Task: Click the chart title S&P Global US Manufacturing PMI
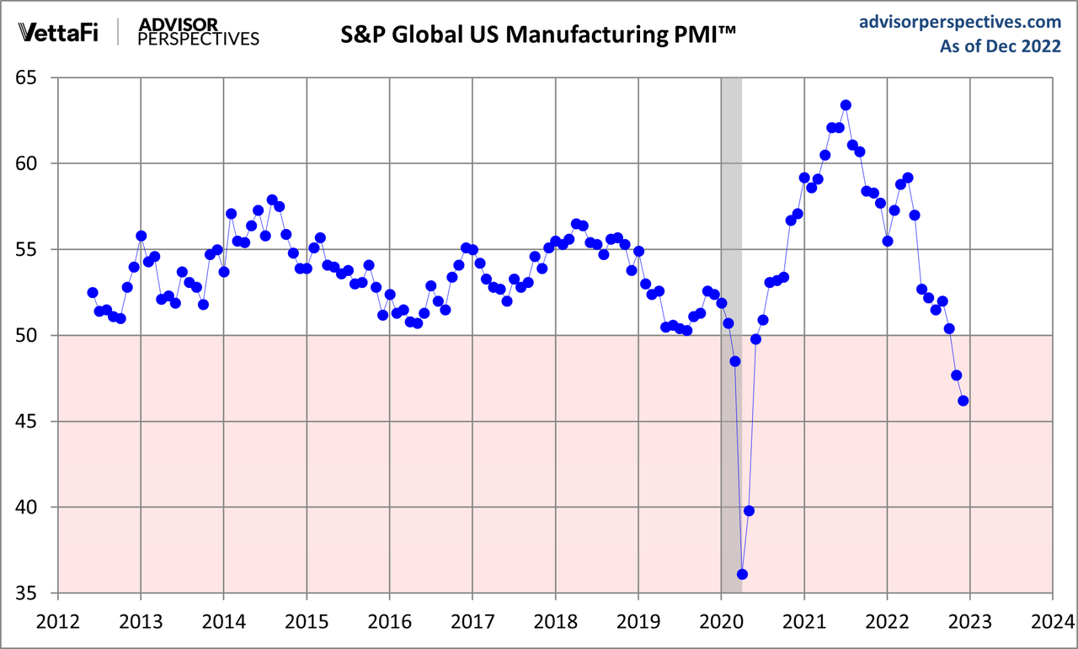click(x=539, y=35)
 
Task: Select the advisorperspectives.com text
click(x=959, y=22)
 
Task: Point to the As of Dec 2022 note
click(x=1000, y=47)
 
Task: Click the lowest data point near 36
click(x=742, y=574)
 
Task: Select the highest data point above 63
click(x=846, y=105)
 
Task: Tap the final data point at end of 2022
click(x=963, y=401)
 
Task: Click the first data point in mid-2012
click(x=93, y=292)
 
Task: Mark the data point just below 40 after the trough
click(x=749, y=511)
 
